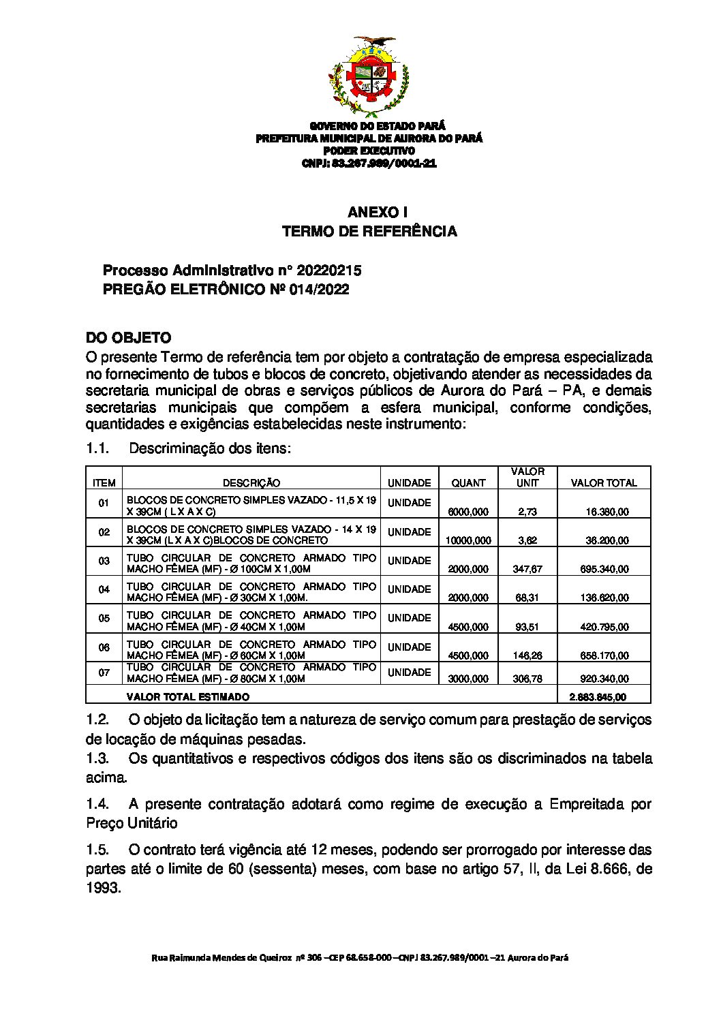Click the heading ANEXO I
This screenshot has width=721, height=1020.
click(369, 212)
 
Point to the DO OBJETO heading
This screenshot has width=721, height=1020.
click(128, 338)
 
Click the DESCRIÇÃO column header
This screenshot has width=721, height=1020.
click(251, 483)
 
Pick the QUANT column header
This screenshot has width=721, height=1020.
click(469, 483)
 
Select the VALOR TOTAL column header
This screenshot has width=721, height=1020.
click(604, 483)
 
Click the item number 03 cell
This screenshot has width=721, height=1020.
click(104, 561)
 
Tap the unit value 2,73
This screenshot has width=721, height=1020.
click(527, 512)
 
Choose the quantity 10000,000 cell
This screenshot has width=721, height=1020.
click(468, 540)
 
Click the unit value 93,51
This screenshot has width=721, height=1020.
click(527, 627)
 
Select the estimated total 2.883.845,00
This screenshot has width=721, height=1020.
click(602, 697)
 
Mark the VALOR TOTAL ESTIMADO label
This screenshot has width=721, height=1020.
click(188, 697)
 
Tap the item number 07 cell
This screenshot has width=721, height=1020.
click(104, 673)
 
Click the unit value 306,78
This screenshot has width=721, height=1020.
click(527, 679)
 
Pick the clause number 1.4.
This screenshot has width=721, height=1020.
click(97, 804)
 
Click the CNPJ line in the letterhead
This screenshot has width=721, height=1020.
click(369, 164)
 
